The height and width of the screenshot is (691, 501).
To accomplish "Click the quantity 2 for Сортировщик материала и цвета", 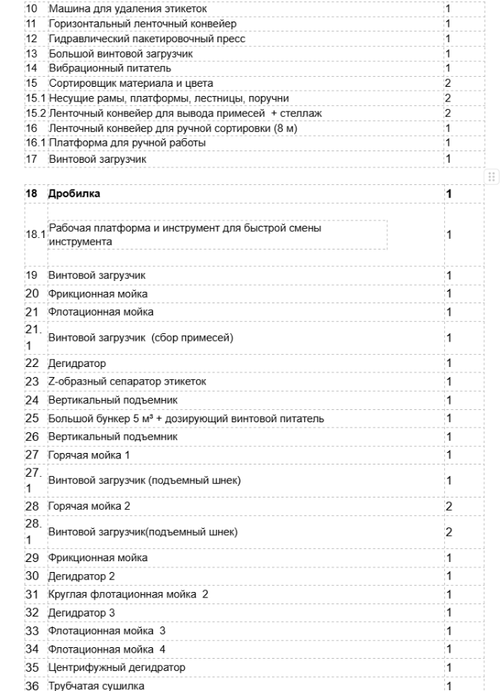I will [447, 83].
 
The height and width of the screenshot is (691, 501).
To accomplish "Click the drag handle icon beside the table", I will [493, 177].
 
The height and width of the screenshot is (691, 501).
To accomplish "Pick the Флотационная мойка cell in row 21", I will [101, 312].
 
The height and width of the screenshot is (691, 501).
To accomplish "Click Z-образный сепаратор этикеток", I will [127, 382].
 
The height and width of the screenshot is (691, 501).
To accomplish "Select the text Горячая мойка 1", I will [89, 455].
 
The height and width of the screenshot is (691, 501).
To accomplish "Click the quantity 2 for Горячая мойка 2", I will [448, 507].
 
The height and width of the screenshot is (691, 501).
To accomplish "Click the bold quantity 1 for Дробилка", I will [448, 194].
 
